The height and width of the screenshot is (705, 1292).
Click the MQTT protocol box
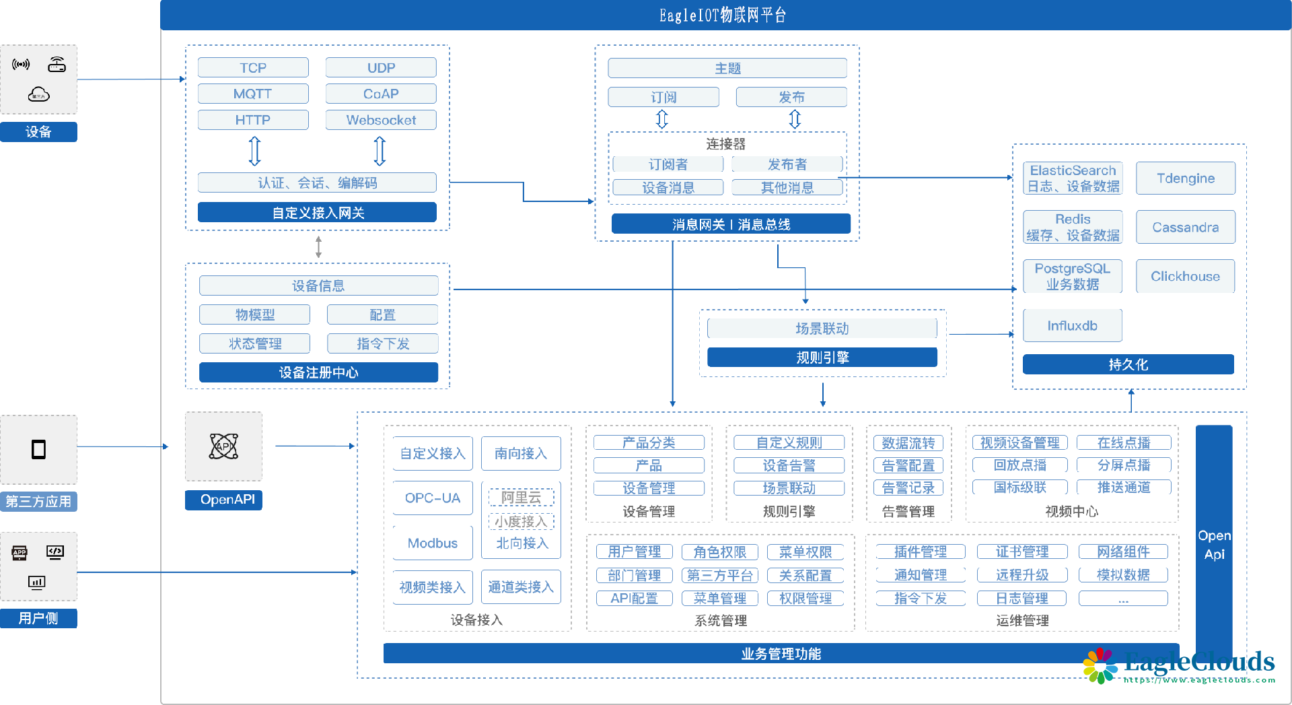253,94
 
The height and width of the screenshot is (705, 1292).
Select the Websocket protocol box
381,120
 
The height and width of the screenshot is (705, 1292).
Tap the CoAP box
381,94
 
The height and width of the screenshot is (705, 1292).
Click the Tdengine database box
1185,178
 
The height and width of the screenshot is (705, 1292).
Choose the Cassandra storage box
1185,228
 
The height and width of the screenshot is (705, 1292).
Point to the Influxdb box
1072,326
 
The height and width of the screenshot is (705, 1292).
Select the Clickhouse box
1185,277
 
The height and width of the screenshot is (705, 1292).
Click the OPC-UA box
433,498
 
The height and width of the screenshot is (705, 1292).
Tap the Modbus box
433,543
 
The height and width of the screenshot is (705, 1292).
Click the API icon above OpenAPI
223,446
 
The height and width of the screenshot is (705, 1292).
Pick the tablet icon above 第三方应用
39,449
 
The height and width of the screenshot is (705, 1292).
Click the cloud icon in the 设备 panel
39,95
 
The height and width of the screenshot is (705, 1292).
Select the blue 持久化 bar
1128,364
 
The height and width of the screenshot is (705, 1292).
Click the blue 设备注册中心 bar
318,372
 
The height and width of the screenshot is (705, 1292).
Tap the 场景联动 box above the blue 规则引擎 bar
822,329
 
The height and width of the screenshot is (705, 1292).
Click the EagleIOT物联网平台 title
723,15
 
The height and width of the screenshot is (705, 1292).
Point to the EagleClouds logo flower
1100,665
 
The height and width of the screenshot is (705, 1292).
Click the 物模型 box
254,314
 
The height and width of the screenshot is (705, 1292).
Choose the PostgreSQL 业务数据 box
1072,277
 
